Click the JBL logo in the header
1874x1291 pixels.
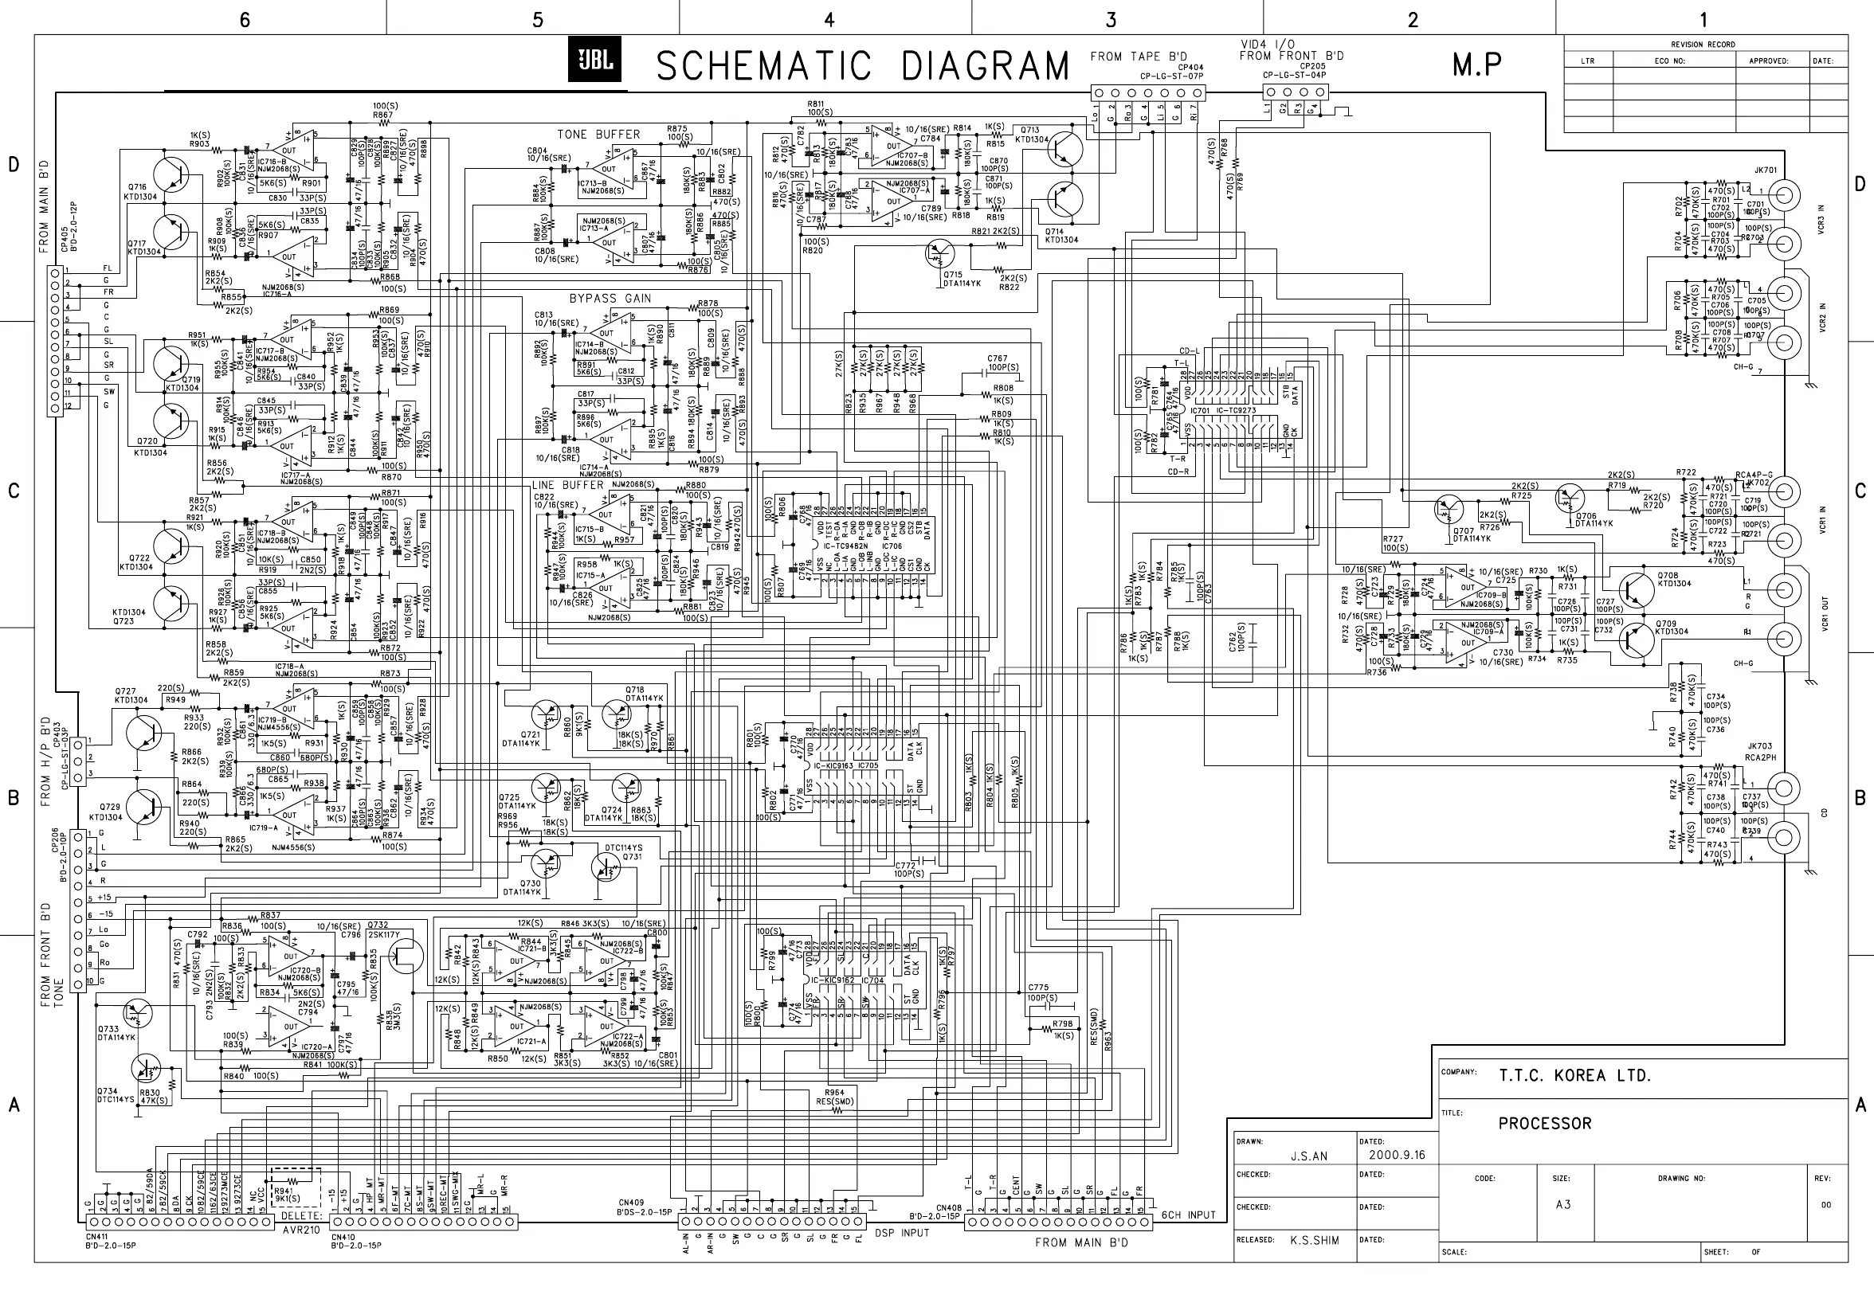(594, 61)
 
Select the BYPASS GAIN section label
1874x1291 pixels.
(610, 299)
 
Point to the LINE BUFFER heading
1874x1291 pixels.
(567, 484)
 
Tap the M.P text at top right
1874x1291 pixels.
(1476, 65)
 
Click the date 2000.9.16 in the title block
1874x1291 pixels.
(1397, 1154)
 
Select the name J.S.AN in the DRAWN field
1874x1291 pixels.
(1308, 1156)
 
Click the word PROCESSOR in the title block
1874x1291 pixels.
(1544, 1124)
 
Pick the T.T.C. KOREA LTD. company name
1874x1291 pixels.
(1574, 1076)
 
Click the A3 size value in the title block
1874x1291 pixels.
(1562, 1204)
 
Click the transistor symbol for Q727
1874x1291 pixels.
(146, 733)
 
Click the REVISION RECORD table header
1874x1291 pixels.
(1703, 45)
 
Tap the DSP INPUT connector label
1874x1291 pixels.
(901, 1233)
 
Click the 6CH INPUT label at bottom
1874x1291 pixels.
(1189, 1215)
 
